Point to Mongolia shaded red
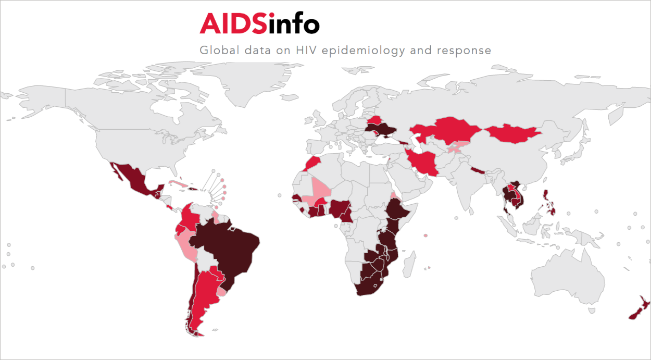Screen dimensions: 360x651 pos(513,133)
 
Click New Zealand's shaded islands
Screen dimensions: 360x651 pos(638,310)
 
